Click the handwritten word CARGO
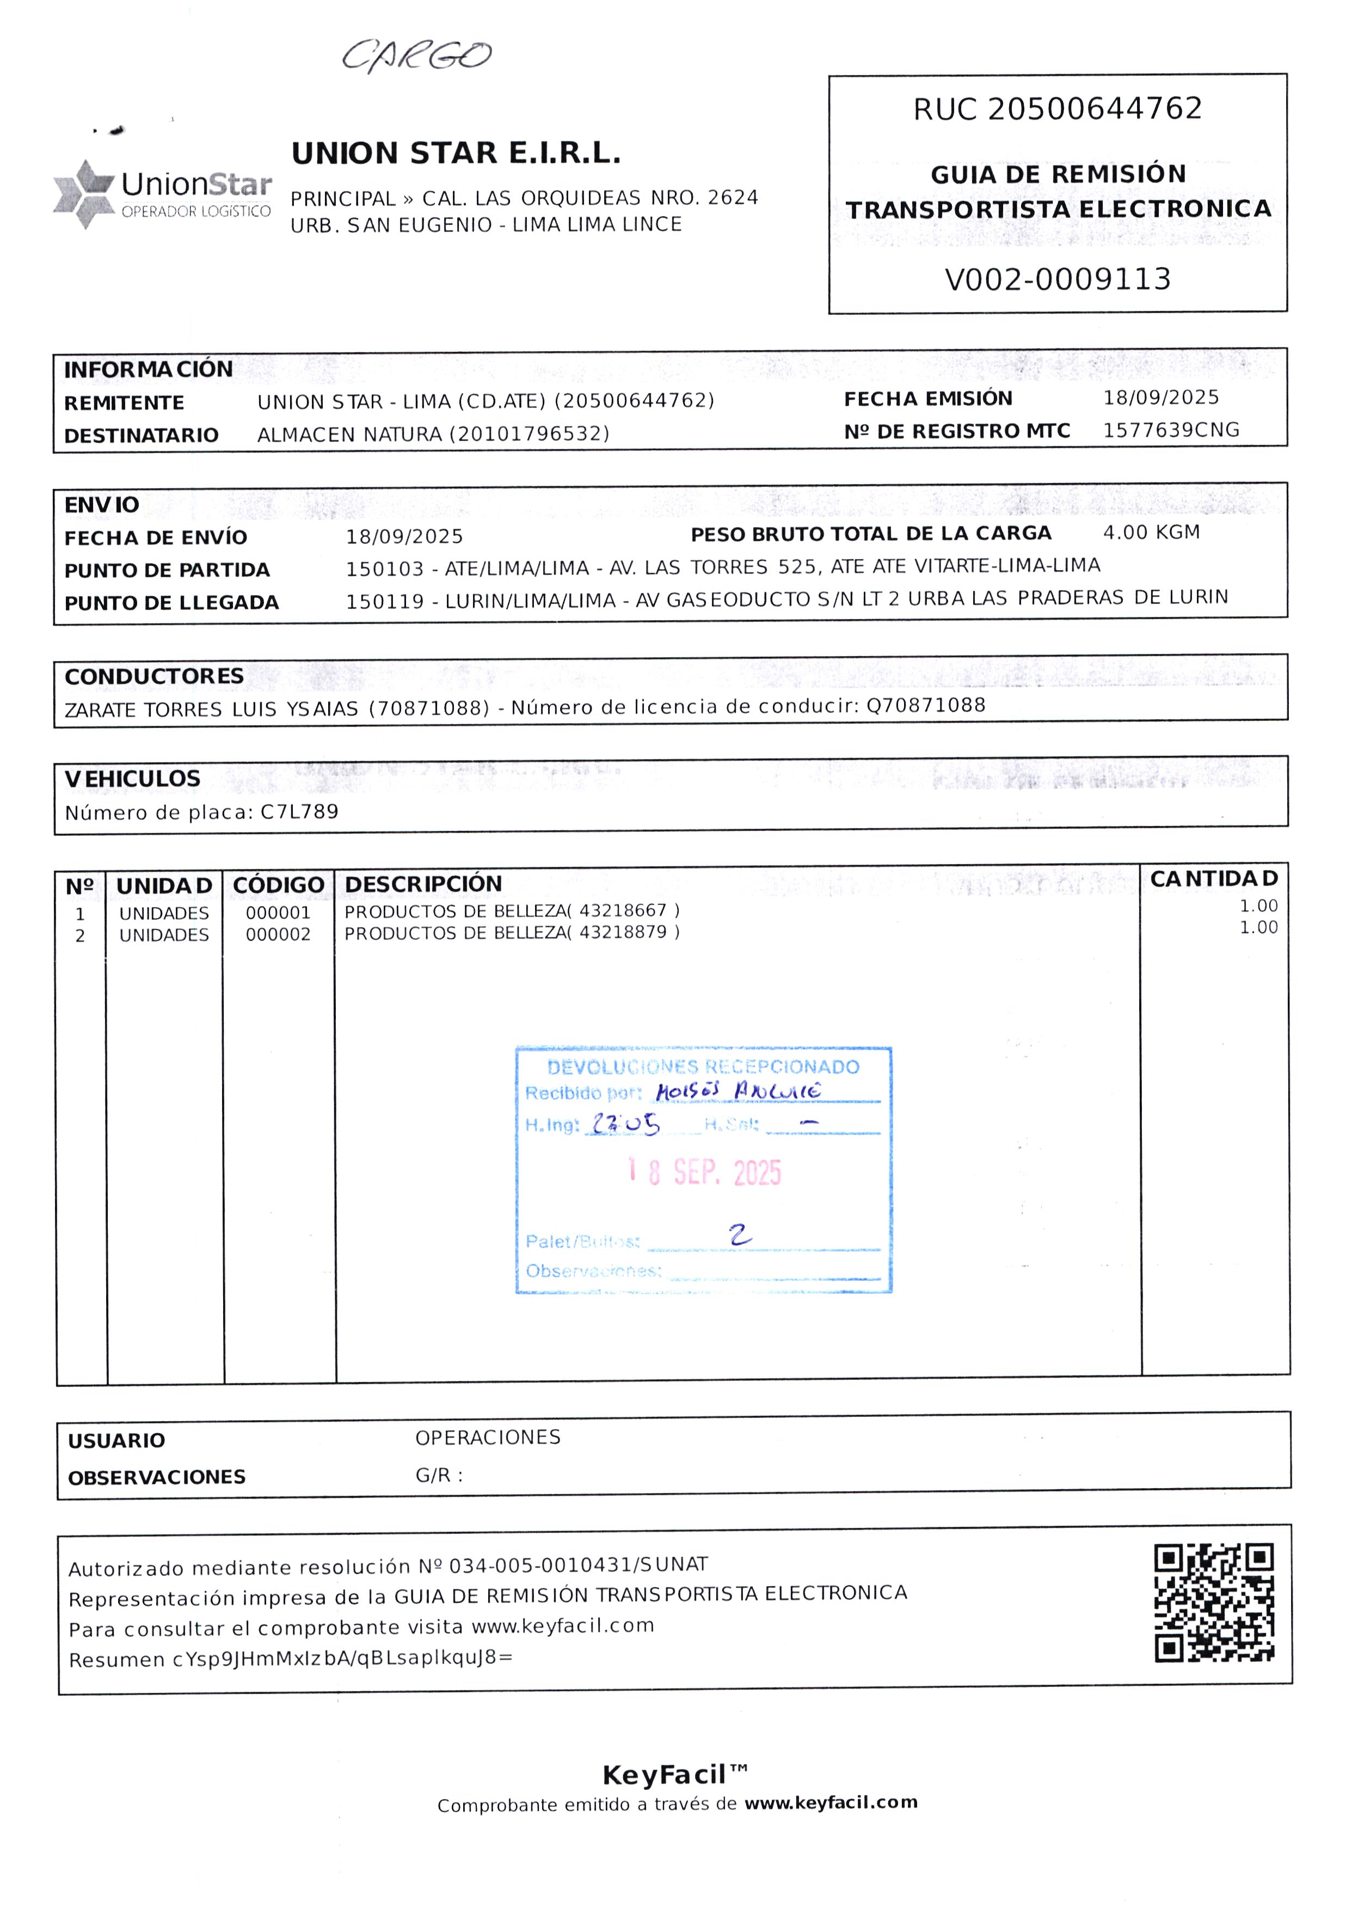coord(416,56)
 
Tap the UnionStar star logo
coord(84,193)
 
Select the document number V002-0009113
coord(1057,279)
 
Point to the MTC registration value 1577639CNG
coord(1171,430)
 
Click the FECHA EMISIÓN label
coord(927,399)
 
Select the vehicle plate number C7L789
coord(299,811)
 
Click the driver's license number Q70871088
coord(926,705)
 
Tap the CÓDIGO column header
coord(279,885)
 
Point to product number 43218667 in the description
coord(623,910)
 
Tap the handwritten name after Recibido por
coord(738,1091)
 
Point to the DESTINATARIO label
coord(142,436)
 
